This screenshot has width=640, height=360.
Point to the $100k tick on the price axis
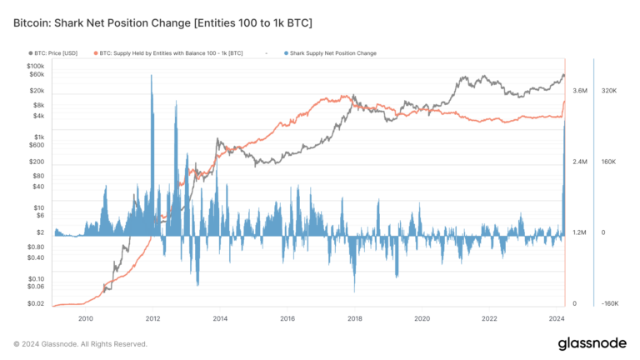tap(35, 65)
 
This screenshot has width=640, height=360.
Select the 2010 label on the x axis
tap(85, 318)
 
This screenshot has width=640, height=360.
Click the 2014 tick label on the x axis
tap(220, 318)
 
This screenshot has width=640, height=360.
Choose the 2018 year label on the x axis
tap(355, 318)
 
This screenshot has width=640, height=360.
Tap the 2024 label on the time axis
tap(557, 318)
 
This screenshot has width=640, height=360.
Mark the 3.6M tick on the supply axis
tap(581, 90)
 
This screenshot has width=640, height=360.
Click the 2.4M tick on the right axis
tap(581, 162)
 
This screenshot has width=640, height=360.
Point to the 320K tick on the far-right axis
tap(608, 90)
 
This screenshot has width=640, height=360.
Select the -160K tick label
tap(609, 303)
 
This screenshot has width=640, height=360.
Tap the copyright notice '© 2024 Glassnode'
tap(80, 343)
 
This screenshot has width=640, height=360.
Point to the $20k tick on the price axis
tap(37, 90)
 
